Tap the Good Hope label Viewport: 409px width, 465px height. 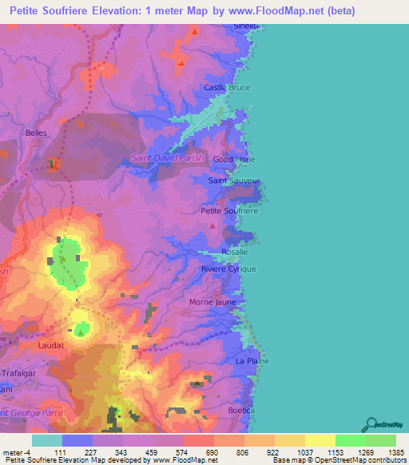pos(233,159)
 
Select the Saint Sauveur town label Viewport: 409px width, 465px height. pos(234,181)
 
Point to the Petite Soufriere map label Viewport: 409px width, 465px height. pos(228,211)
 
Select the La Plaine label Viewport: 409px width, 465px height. pos(250,361)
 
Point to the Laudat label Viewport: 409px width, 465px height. pos(51,346)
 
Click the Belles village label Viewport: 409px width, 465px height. pos(37,133)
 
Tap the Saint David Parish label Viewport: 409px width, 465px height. pos(168,158)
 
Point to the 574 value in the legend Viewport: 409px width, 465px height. pos(168,452)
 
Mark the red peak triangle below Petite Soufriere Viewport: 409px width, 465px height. pos(212,226)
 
